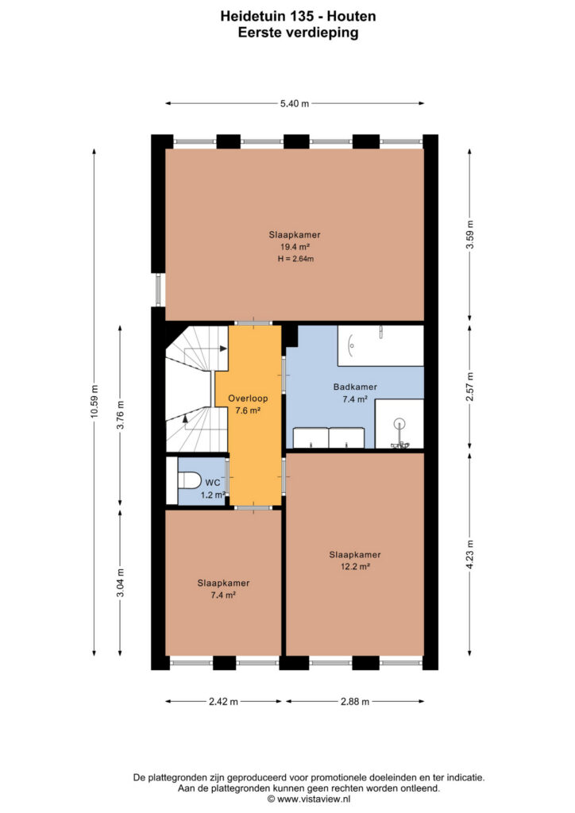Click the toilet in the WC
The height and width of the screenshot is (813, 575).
[x=189, y=480]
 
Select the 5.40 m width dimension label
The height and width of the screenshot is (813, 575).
[x=295, y=104]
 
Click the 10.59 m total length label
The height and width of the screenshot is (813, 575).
[x=94, y=401]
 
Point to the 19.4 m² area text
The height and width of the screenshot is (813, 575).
[x=295, y=247]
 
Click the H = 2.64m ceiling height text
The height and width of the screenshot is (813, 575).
[x=295, y=259]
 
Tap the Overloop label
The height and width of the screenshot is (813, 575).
[x=248, y=399]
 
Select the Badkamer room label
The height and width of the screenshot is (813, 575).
[x=355, y=387]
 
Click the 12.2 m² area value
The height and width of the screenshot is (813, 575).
[x=355, y=567]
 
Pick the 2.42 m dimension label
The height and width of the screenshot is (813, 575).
[x=223, y=702]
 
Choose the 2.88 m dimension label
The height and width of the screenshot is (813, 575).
[x=355, y=702]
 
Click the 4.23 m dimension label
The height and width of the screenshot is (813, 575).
[x=469, y=554]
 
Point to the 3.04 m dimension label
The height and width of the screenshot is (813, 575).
[x=120, y=583]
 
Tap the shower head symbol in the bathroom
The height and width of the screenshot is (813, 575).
[x=399, y=424]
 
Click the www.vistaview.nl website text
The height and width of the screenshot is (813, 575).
[x=314, y=799]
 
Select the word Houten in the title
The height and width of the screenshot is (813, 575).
[x=351, y=16]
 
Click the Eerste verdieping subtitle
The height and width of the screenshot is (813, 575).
[x=298, y=33]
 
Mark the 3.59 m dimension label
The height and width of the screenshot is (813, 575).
[x=469, y=234]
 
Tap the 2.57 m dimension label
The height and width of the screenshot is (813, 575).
[x=469, y=387]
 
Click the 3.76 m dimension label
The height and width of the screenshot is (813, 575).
[x=120, y=415]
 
